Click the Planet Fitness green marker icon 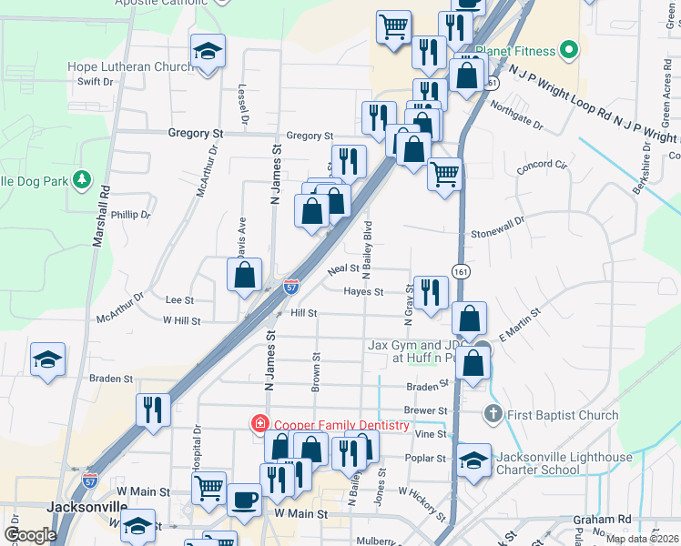(570, 50)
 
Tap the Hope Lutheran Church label (130, 66)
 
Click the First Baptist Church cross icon (493, 415)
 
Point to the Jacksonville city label (87, 507)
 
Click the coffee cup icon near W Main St (244, 499)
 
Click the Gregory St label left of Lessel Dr (196, 133)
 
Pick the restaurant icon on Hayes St (431, 292)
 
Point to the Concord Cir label (542, 167)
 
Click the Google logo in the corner (30, 535)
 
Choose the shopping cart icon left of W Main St (209, 488)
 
